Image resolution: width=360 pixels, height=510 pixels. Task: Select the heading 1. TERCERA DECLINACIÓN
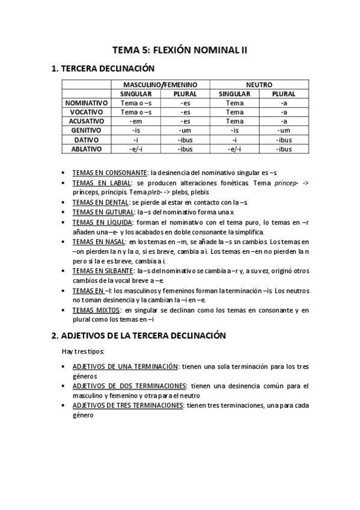(x=103, y=69)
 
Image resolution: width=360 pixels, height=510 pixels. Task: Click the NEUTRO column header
(x=259, y=85)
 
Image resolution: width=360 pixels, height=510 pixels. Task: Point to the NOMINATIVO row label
(x=87, y=103)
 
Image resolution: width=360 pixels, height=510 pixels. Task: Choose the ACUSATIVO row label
(x=87, y=121)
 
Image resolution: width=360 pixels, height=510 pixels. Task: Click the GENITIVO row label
(x=87, y=130)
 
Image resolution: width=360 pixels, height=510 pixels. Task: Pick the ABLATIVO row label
(x=87, y=148)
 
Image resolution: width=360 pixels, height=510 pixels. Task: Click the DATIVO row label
(x=87, y=139)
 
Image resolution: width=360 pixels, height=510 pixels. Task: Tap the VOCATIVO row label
(x=87, y=112)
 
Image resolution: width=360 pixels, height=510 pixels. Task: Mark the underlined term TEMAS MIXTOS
(x=94, y=310)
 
